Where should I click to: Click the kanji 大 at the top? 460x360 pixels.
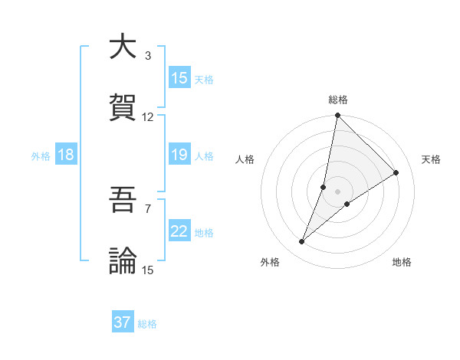click(123, 47)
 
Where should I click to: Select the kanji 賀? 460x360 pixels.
click(123, 106)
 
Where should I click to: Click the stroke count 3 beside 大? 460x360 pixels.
click(147, 56)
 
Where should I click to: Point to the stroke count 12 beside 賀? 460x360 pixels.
click(148, 116)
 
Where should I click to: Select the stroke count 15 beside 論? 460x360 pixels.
click(148, 270)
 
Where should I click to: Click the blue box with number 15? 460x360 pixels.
click(179, 78)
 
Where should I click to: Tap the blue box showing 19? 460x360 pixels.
click(179, 155)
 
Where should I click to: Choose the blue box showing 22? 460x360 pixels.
click(179, 232)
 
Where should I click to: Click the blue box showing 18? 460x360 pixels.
click(65, 155)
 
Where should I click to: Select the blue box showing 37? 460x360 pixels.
click(123, 322)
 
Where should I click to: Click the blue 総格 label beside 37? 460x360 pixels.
click(148, 324)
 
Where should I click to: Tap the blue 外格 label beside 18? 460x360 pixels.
click(41, 156)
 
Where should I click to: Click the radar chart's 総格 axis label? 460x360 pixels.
click(338, 100)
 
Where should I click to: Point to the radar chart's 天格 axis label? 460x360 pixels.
click(431, 159)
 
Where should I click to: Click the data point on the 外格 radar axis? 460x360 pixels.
click(302, 242)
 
